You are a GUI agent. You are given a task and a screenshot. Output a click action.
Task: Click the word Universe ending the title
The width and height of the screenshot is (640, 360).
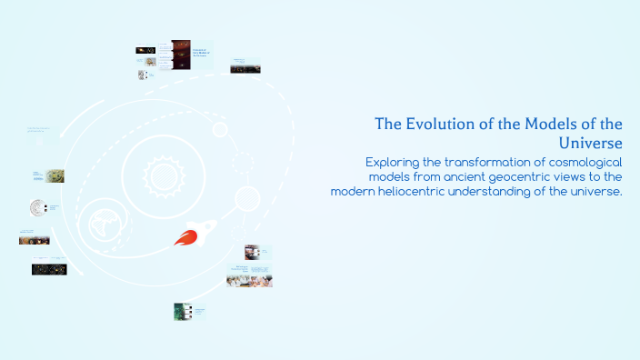click(591, 144)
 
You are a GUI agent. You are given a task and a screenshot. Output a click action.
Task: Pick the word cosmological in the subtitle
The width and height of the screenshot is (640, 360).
click(574, 162)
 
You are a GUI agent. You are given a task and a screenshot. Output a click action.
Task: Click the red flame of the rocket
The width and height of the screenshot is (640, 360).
click(185, 240)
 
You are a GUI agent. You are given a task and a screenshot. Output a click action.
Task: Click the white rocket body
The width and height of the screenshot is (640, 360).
click(195, 231)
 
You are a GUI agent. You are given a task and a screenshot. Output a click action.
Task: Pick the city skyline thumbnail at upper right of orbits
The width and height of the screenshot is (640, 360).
click(245, 68)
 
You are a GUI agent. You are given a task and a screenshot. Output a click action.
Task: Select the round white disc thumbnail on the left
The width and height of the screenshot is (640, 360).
click(38, 208)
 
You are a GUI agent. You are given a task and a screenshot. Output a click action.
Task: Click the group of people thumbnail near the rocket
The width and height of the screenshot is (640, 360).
click(249, 281)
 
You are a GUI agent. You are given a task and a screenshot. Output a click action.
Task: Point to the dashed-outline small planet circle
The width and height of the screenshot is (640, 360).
click(242, 164)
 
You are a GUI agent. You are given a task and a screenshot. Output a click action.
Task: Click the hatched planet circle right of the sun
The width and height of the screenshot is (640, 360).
click(247, 198)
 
